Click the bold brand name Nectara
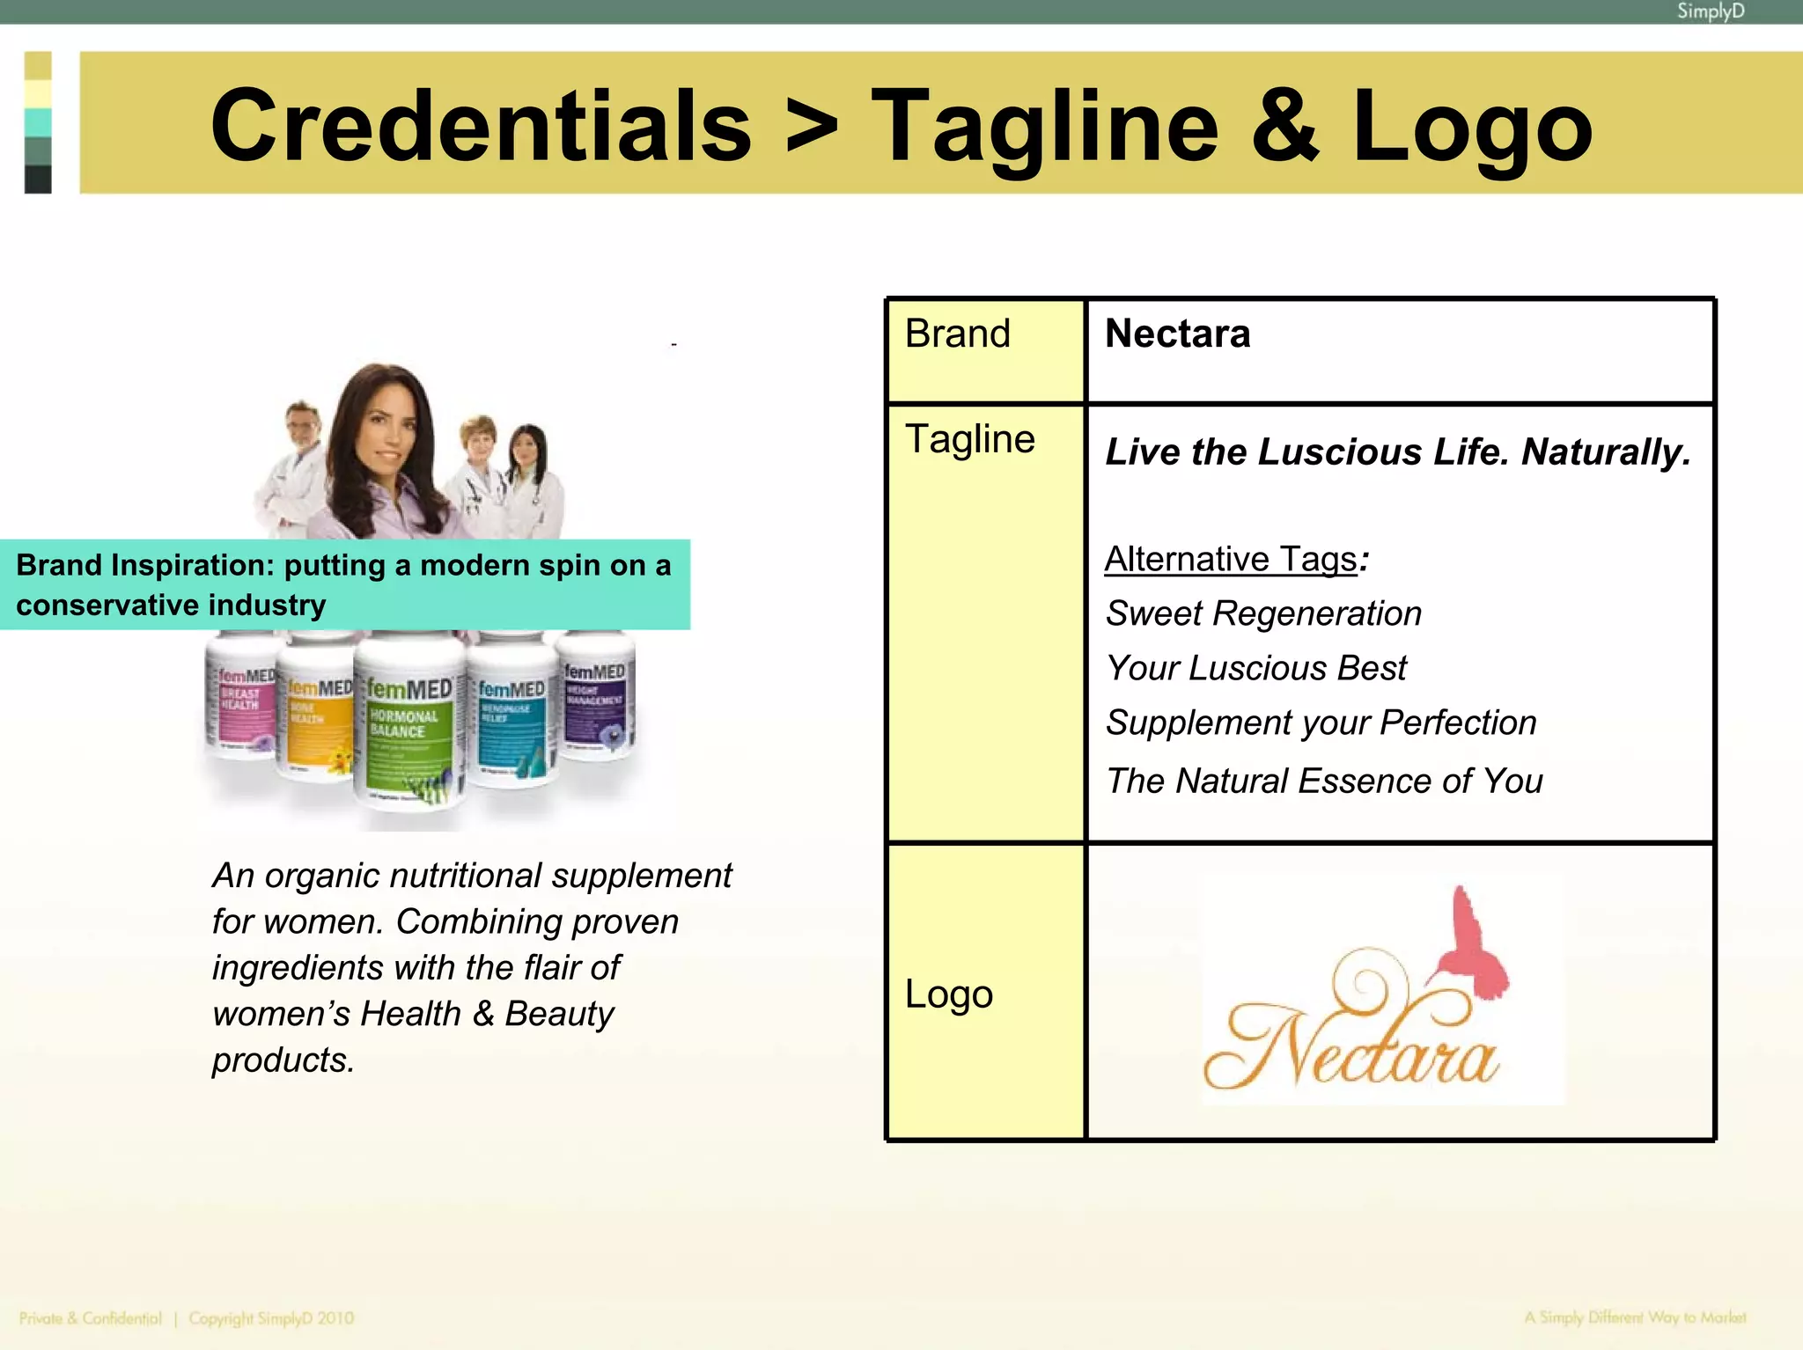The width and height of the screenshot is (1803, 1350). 1177,334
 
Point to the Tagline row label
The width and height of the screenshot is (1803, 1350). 969,439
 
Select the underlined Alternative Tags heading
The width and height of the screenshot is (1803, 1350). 1231,560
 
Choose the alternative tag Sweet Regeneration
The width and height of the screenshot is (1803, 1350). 1263,613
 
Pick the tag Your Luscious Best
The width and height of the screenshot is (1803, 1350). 1256,669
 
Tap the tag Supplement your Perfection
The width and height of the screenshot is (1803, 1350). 1321,723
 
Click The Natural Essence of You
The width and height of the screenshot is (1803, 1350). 1324,781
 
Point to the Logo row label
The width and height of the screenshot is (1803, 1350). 949,994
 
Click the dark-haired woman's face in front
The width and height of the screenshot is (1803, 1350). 385,432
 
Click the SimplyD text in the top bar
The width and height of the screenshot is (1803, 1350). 1710,11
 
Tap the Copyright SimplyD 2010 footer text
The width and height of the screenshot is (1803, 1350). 271,1318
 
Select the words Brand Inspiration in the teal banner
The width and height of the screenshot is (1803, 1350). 145,565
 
